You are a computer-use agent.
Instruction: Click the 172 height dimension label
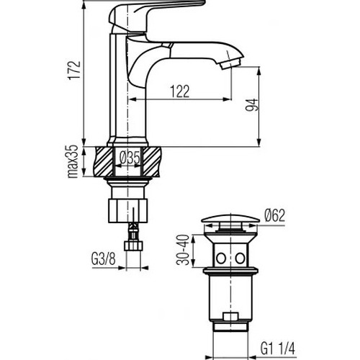tap(74, 70)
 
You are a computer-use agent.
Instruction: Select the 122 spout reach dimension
tap(180, 91)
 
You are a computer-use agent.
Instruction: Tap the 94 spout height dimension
tap(251, 104)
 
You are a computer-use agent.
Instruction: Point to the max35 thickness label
tap(73, 161)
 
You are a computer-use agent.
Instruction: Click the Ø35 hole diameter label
tap(130, 158)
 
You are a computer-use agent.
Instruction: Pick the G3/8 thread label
tap(104, 259)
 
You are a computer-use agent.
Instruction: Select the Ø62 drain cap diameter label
tap(275, 215)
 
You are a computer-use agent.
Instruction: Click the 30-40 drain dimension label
tap(183, 250)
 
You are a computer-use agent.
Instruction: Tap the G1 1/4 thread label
tap(278, 348)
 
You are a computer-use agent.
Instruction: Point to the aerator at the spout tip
tap(230, 63)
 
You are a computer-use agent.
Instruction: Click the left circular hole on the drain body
tap(221, 258)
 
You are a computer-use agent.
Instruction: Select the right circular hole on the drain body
tap(240, 258)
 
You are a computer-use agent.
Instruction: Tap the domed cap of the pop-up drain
tap(230, 218)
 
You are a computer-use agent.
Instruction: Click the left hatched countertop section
tap(104, 161)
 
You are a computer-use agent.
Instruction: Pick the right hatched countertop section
tap(152, 161)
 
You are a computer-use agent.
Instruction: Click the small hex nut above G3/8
tap(133, 246)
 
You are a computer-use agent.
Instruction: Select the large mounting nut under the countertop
tap(127, 210)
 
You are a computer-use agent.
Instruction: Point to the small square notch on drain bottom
tap(230, 316)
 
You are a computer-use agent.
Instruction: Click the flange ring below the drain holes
tap(230, 271)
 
